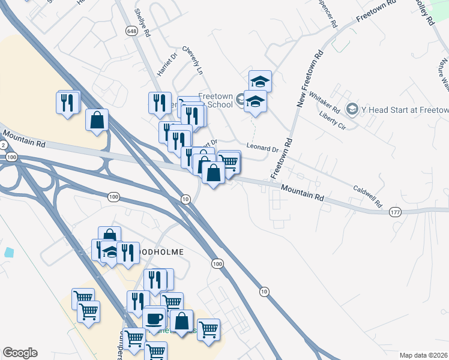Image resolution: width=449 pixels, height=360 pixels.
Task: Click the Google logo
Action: tap(20, 353)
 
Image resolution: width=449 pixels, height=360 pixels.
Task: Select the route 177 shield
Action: tap(394, 212)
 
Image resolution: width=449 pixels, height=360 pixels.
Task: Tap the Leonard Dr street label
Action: tap(262, 148)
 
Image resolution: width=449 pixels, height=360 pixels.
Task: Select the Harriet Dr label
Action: tap(167, 64)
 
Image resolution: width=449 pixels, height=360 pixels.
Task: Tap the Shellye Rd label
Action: tap(141, 23)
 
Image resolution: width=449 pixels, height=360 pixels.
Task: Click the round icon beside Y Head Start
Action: tap(352, 109)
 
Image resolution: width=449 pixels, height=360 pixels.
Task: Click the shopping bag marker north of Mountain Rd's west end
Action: tap(97, 120)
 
